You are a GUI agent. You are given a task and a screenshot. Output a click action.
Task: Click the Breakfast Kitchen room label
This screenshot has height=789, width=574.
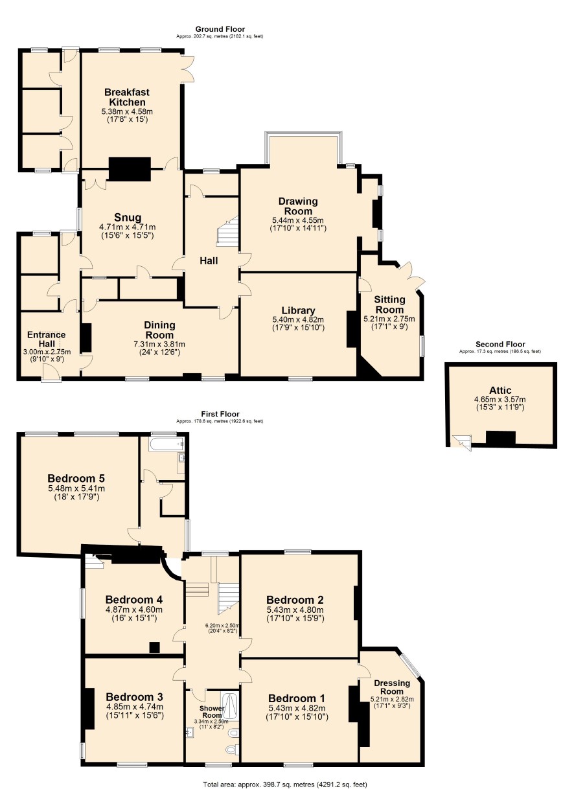tap(127, 97)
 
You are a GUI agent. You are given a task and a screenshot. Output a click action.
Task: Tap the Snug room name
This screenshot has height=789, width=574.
tap(128, 217)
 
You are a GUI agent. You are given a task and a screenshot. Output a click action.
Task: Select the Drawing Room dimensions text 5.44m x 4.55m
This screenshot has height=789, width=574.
tap(298, 220)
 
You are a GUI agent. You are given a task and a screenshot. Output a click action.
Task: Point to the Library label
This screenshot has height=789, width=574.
tap(298, 310)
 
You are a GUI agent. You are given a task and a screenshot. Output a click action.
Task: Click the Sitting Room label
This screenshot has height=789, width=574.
tap(389, 304)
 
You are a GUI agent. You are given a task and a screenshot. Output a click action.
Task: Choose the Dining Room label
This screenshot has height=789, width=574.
tap(159, 330)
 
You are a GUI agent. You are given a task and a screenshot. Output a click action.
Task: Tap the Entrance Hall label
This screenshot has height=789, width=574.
tap(47, 339)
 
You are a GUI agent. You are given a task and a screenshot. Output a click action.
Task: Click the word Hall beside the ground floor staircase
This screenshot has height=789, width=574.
tap(209, 261)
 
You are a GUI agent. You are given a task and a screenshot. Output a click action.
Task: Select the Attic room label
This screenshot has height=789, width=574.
tap(500, 390)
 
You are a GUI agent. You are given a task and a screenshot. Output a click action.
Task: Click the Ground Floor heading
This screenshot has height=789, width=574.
tap(220, 29)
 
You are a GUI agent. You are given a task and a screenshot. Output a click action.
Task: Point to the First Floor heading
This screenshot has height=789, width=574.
tap(220, 414)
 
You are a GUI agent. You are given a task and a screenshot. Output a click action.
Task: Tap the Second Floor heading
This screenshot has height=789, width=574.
tap(500, 345)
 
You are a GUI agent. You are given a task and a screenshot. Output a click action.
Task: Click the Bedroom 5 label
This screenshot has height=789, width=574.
tap(76, 478)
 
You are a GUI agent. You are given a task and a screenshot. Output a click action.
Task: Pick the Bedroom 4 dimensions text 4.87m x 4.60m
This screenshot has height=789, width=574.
tap(134, 610)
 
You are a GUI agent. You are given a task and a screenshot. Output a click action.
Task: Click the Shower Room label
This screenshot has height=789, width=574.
tap(212, 712)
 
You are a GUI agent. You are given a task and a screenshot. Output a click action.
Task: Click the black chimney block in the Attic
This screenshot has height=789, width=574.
tap(500, 438)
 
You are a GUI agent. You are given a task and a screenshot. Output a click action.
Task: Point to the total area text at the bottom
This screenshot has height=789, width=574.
tap(285, 784)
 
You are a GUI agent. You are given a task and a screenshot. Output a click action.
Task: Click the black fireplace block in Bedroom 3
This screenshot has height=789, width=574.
tap(89, 708)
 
